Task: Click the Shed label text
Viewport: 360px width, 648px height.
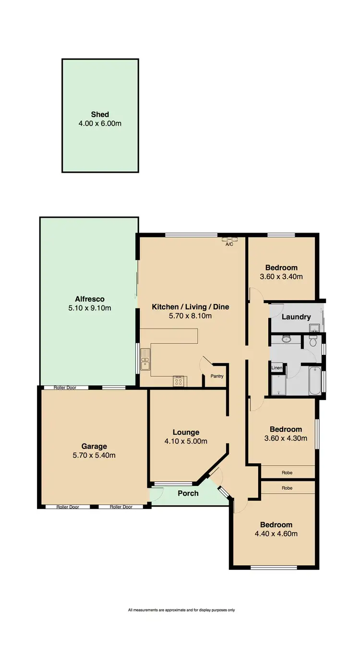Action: [100, 114]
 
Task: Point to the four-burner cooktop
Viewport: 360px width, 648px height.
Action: [178, 381]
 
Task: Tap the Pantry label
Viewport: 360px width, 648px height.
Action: [217, 377]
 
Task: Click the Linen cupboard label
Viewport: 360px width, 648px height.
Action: [276, 368]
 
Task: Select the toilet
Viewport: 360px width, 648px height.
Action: [313, 341]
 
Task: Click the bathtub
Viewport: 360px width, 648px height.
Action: [315, 381]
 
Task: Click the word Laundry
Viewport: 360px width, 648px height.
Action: [296, 317]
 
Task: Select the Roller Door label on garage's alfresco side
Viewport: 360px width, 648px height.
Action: [65, 388]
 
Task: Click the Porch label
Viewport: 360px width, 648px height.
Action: [188, 493]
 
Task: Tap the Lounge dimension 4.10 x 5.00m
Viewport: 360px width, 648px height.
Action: [186, 442]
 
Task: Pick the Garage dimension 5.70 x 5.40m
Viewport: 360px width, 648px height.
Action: [94, 455]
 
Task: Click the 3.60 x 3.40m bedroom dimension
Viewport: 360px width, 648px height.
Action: [281, 277]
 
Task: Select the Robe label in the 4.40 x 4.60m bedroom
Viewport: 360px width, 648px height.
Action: [287, 488]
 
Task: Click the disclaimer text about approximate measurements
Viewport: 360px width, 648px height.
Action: [181, 610]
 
